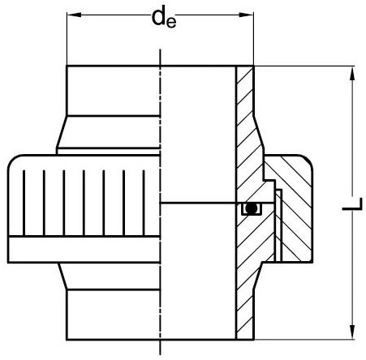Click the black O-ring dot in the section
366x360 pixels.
coord(252,208)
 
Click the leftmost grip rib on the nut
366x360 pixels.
coord(24,199)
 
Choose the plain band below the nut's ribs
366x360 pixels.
coord(81,247)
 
